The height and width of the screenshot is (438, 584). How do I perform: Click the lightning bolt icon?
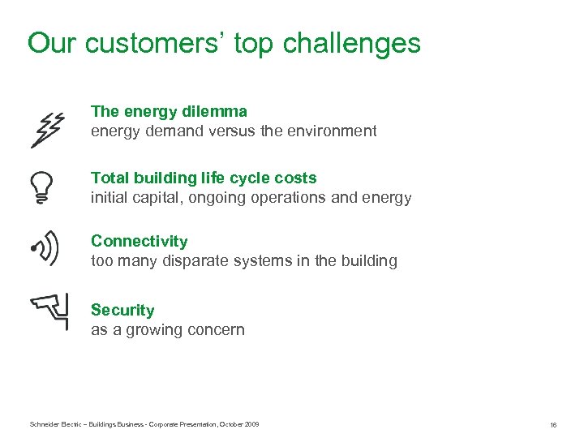(47, 130)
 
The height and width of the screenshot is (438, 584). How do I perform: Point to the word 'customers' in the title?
(154, 43)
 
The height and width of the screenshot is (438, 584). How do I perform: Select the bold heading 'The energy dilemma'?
(169, 111)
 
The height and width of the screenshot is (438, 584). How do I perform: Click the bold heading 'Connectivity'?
(139, 241)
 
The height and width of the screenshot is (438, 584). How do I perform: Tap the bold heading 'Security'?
(122, 310)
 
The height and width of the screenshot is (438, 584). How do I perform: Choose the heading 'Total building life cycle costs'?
(204, 178)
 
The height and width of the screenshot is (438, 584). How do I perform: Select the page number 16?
(552, 425)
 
